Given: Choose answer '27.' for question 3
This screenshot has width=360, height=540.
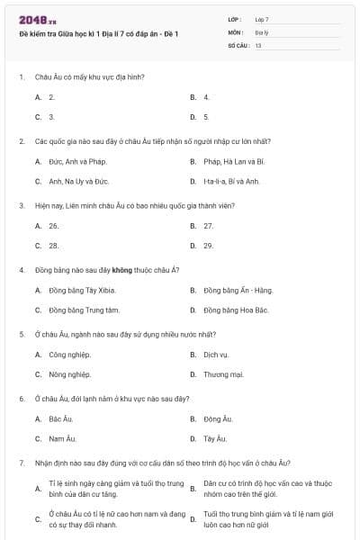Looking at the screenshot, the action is pos(208,226).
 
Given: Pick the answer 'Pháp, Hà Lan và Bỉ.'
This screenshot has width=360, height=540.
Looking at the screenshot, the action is pos(233,161).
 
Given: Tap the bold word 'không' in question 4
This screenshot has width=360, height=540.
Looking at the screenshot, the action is pos(122,270).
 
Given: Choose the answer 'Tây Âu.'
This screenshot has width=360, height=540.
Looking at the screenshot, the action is pos(214,439).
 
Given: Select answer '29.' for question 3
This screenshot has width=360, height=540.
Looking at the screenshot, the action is pos(208,246).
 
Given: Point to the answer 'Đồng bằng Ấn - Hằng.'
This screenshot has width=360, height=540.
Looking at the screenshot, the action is pos(238,291).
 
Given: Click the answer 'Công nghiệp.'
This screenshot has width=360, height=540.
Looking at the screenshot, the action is pos(70,355).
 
